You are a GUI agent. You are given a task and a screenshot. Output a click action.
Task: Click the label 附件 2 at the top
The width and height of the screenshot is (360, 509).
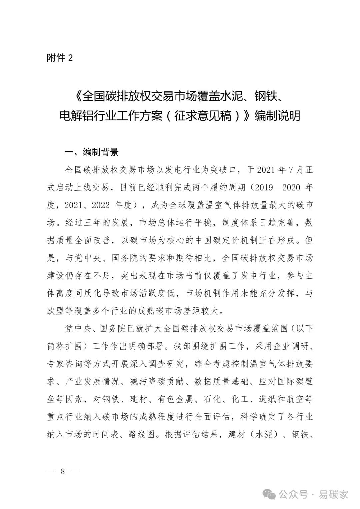pyautogui.click(x=60, y=58)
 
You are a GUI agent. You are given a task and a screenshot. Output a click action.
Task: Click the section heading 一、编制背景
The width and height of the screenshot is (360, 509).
pyautogui.click(x=91, y=152)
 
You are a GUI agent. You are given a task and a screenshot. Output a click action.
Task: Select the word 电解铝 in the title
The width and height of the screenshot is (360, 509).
pyautogui.click(x=75, y=115)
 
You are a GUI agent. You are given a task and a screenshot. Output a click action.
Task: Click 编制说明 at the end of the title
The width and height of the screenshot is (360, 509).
pyautogui.click(x=277, y=115)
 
